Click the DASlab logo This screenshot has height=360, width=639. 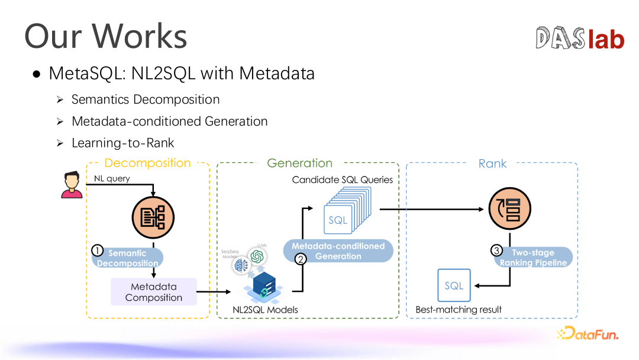click(580, 38)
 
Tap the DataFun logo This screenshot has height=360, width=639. click(588, 333)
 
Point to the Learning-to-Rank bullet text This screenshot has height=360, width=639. click(122, 143)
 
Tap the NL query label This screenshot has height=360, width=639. click(112, 178)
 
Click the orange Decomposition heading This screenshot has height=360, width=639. click(147, 163)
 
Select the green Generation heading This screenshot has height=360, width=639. click(299, 163)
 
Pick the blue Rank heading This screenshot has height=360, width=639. click(492, 163)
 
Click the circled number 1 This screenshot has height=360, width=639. click(98, 250)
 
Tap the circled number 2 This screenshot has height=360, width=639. click(301, 258)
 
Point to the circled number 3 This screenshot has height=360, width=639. click(498, 250)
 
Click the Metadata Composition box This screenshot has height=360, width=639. click(154, 292)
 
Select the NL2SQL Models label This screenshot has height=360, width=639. click(265, 310)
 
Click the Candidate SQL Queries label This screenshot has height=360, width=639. click(343, 179)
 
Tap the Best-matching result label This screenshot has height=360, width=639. click(459, 310)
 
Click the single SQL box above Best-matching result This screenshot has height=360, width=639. click(454, 286)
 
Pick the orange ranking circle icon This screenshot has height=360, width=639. click(505, 209)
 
